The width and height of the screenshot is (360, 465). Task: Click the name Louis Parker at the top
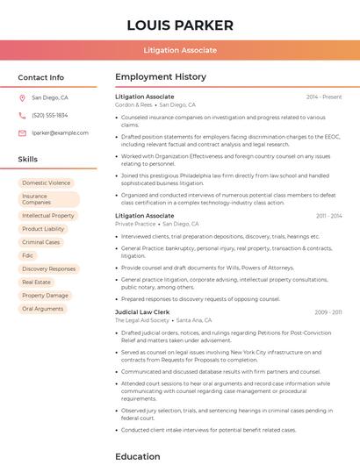coord(180,25)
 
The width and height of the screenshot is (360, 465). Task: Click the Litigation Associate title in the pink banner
coord(180,50)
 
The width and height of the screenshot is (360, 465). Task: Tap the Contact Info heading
coord(40,77)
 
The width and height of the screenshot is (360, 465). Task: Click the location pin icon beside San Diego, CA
coord(22,98)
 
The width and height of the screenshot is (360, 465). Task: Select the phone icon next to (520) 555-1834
coord(22,115)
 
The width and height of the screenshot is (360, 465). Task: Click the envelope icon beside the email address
coord(22,132)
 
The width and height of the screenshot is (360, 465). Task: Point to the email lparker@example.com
coord(60,132)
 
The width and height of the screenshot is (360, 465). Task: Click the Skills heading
coord(28,160)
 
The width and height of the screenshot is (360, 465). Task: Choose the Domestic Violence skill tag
coord(47,183)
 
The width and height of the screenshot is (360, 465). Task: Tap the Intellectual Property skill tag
coord(48,215)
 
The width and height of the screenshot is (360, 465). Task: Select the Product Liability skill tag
coord(43,229)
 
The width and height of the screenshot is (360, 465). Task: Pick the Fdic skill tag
coord(28,255)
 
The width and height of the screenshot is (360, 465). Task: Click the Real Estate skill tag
coord(37,283)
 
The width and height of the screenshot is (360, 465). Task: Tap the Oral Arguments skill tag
coord(43,309)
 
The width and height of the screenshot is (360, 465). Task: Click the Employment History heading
coord(161,77)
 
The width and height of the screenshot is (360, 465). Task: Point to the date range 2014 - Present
coord(324,97)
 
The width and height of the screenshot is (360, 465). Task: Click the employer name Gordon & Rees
coord(133,104)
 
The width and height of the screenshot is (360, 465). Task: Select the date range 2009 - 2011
coord(328,311)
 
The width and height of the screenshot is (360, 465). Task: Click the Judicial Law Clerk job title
coord(142,311)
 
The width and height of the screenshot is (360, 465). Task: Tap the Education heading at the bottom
coord(138,456)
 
